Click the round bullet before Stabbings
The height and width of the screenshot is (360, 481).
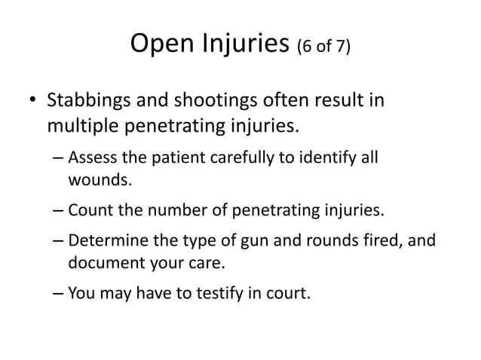pos(31,100)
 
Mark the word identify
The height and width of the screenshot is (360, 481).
pos(326,159)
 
